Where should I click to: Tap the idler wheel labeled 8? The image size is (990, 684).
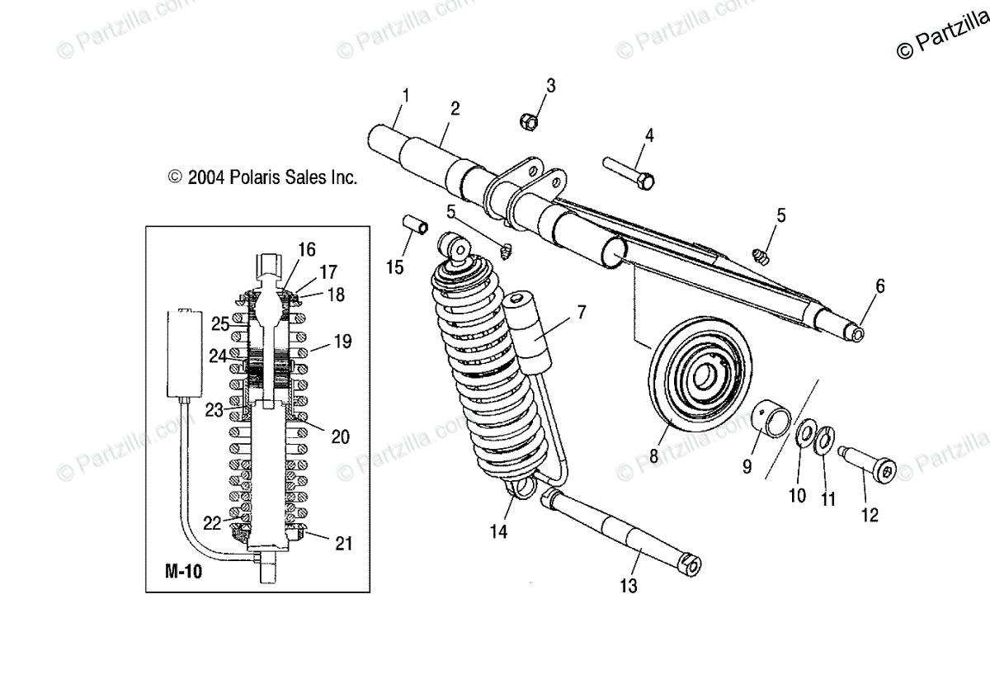tap(701, 380)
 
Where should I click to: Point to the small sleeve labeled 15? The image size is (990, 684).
tap(413, 225)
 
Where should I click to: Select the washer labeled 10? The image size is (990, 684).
tap(806, 433)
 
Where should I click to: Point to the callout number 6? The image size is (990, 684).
tap(879, 286)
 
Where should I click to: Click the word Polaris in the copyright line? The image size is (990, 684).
tap(239, 177)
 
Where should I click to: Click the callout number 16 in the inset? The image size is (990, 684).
tap(307, 249)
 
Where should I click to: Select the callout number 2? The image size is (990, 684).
tap(455, 108)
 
